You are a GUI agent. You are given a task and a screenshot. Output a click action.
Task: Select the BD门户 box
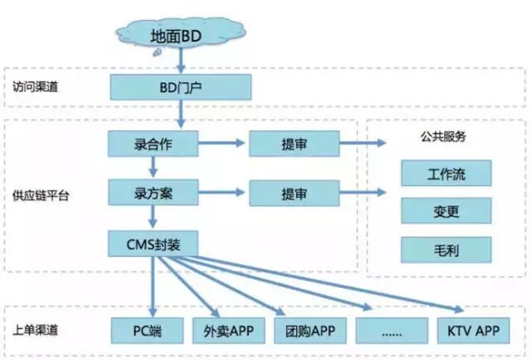point(180,86)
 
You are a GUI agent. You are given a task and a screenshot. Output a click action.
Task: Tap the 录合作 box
point(153,144)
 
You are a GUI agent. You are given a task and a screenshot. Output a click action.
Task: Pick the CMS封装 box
point(153,243)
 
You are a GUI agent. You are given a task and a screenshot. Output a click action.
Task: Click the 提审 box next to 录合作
point(293,144)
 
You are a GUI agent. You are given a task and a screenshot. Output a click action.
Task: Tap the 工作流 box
point(446,173)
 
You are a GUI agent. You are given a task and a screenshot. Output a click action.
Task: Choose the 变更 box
point(446,211)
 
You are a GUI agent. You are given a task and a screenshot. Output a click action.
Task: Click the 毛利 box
point(446,248)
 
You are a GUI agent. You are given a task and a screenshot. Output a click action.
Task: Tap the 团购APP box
point(308,329)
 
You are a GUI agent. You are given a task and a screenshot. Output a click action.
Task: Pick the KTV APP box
point(470,329)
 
